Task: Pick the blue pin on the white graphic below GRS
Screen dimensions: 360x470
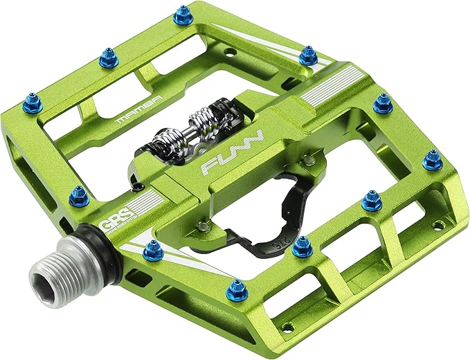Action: click(x=153, y=251)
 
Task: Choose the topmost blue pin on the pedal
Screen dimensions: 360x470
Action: click(x=183, y=15)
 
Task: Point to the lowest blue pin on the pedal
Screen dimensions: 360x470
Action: click(x=237, y=289)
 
